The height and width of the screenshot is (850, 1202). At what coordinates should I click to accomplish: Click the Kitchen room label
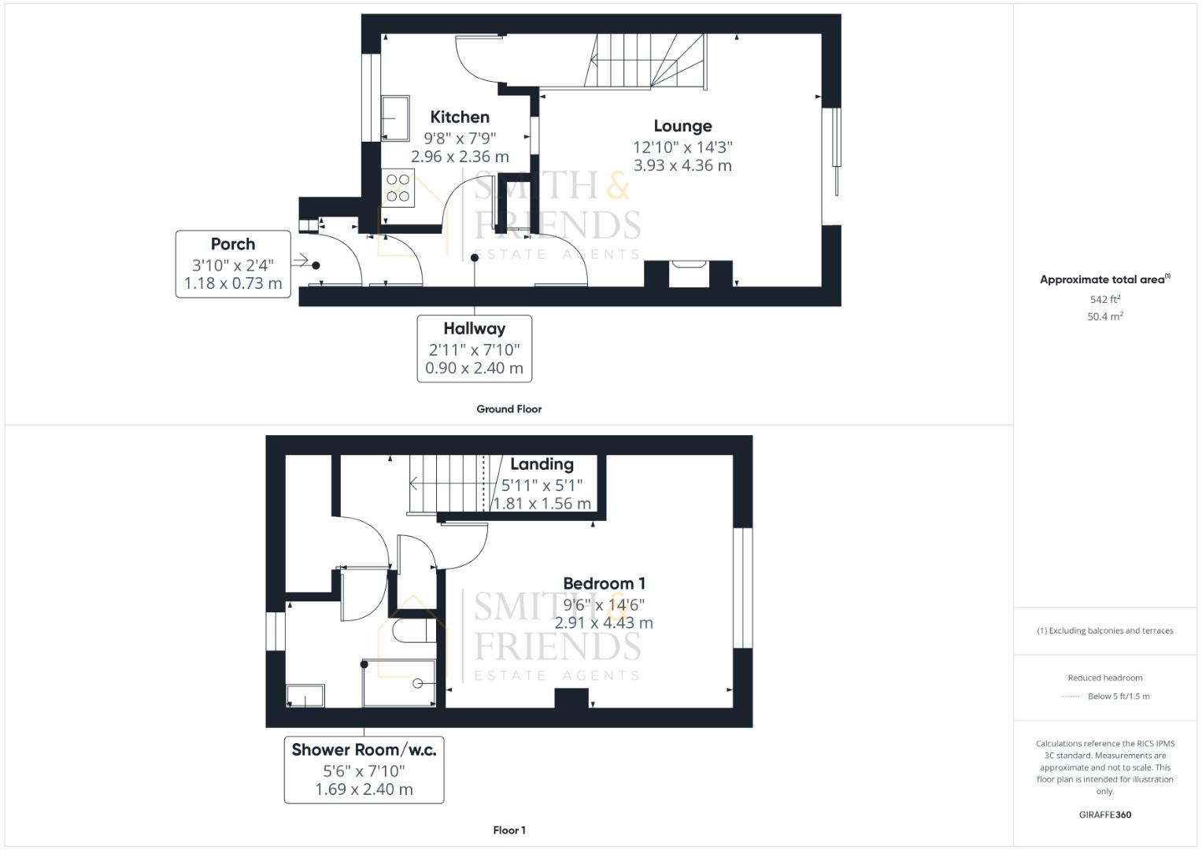[x=460, y=117]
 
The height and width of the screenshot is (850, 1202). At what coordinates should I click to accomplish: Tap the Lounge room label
[x=682, y=126]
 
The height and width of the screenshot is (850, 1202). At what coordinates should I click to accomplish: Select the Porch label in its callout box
[x=233, y=244]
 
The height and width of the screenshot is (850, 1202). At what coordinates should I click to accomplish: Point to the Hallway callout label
[x=474, y=328]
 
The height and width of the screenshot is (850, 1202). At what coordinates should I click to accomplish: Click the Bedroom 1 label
[x=604, y=583]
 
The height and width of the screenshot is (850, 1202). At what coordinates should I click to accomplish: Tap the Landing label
[x=542, y=464]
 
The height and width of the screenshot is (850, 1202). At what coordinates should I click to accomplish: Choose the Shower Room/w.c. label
[x=364, y=749]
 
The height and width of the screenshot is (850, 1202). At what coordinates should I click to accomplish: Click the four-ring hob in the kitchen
[x=398, y=188]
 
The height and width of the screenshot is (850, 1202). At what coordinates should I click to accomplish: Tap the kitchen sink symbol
[x=395, y=118]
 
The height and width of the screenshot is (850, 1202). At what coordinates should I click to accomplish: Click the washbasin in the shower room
[x=305, y=696]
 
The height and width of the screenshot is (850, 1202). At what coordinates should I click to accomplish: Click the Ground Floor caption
[x=509, y=409]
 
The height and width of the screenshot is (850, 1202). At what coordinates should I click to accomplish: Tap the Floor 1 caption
[x=509, y=830]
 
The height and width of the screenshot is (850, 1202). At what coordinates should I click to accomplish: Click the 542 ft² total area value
[x=1104, y=300]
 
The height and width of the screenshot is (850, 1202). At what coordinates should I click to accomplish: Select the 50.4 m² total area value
[x=1104, y=316]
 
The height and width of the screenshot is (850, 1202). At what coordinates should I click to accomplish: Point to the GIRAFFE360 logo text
[x=1104, y=815]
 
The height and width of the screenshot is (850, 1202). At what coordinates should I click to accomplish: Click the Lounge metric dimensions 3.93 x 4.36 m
[x=682, y=166]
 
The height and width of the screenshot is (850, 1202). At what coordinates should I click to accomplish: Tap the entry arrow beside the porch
[x=301, y=261]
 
